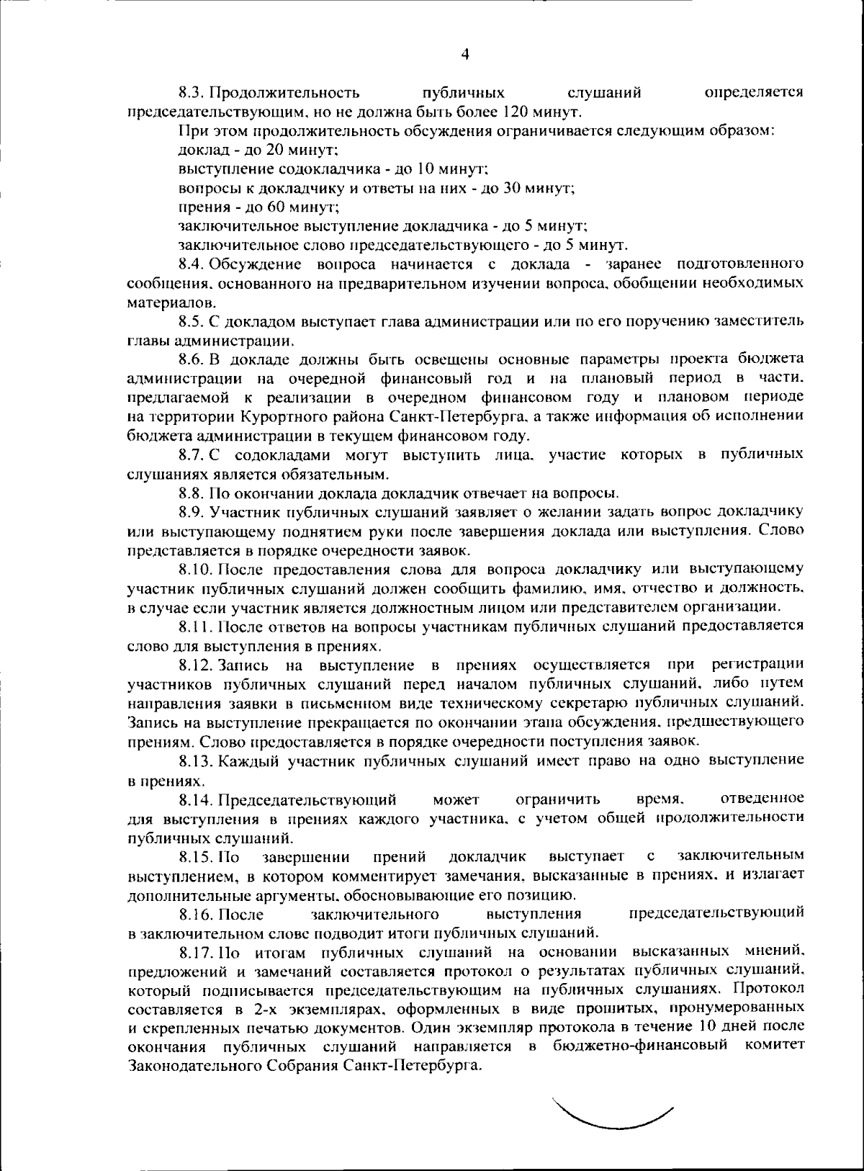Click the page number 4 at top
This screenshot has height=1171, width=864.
point(465,54)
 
